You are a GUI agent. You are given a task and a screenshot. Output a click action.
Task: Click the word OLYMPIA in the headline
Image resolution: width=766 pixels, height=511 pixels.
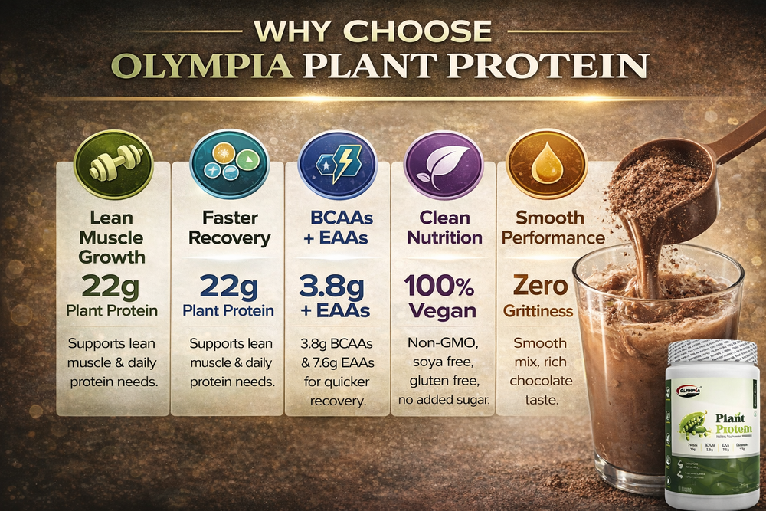(202, 66)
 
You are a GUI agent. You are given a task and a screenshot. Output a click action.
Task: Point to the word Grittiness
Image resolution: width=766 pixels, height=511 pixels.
(538, 311)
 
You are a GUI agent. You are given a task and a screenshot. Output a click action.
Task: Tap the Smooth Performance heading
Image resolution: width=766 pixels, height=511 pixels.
(549, 228)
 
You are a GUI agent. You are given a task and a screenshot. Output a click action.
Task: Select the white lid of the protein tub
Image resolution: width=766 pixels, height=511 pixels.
(712, 352)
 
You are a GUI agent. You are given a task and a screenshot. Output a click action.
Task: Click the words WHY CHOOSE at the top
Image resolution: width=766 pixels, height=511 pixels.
(373, 31)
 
